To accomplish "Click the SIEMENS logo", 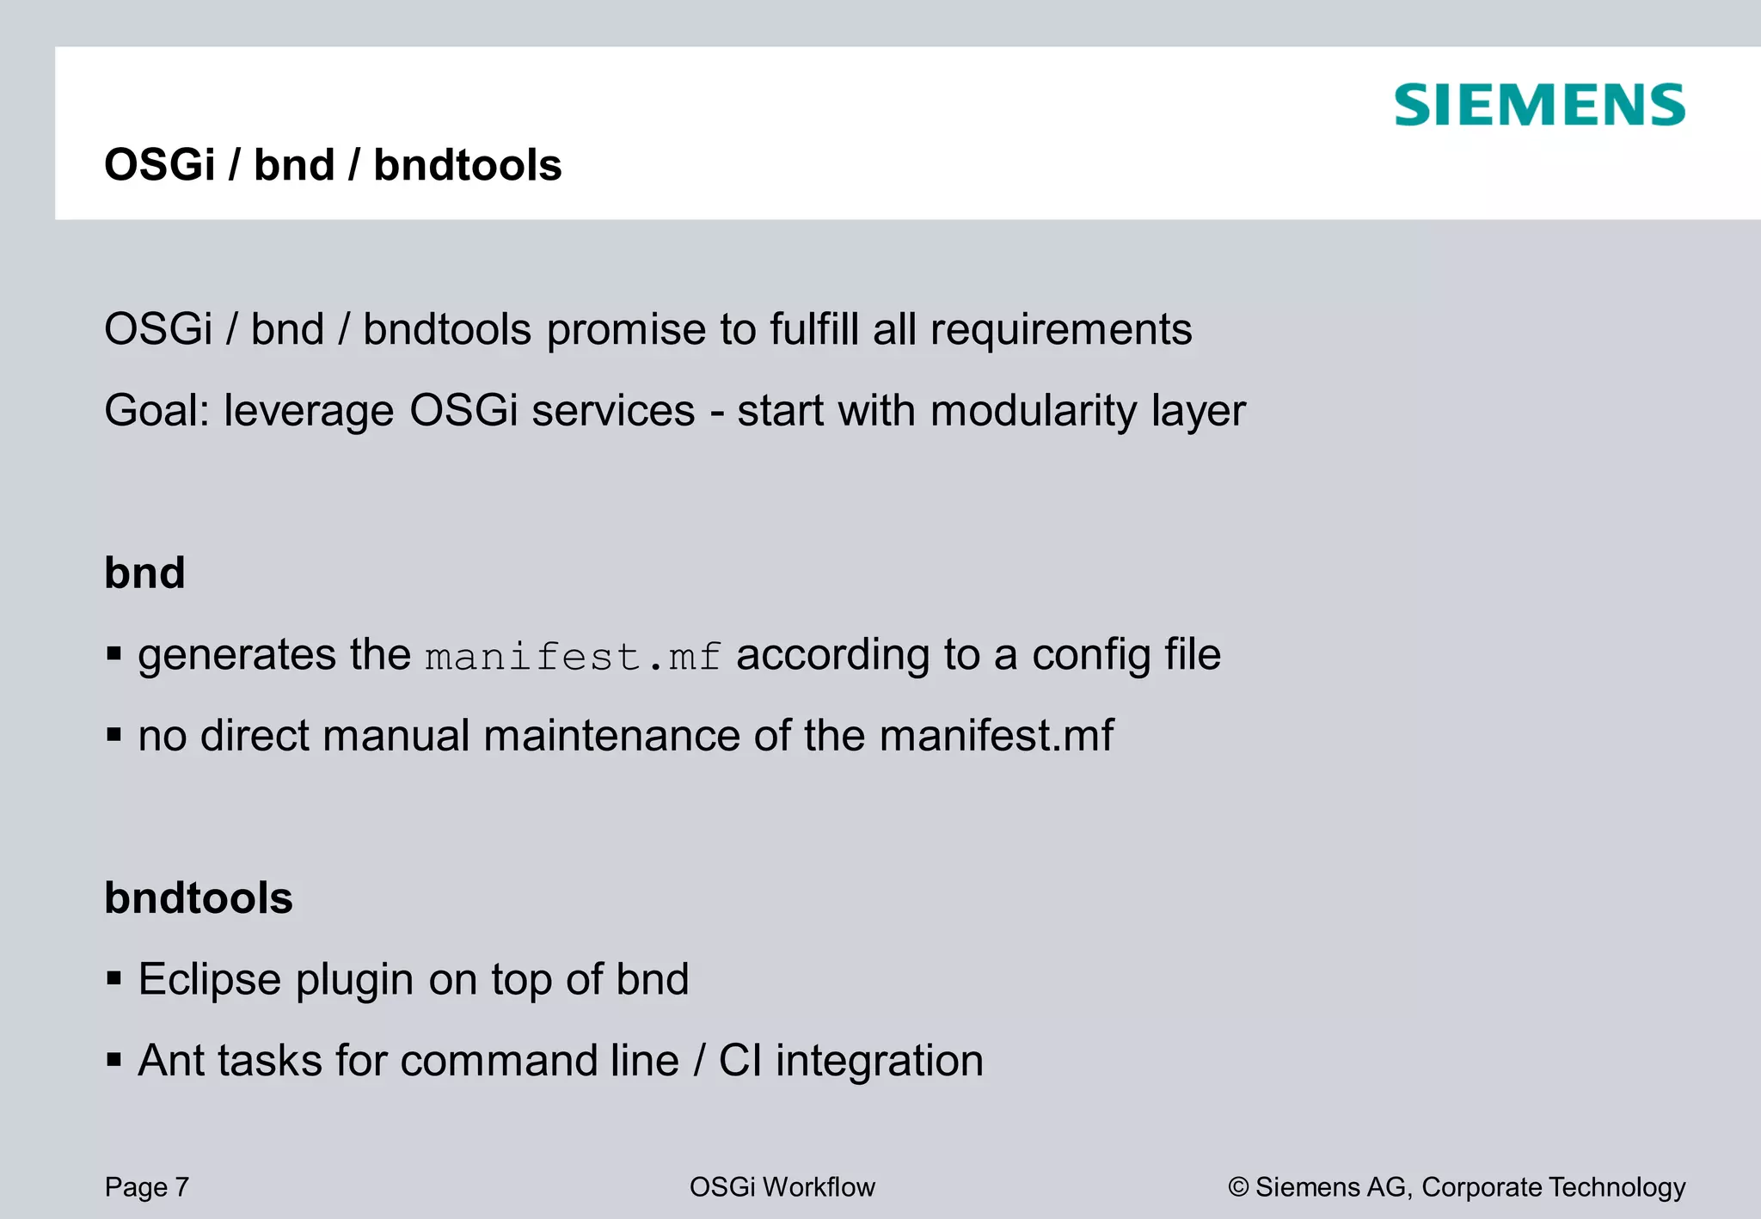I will coord(1539,106).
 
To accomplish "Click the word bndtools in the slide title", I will coord(467,165).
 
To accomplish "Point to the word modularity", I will coord(1034,411).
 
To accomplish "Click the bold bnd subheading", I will coord(144,573).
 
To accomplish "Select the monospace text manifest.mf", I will coord(573,658).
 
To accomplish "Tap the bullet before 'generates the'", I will coord(114,654).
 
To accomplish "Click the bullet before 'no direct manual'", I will coord(114,735).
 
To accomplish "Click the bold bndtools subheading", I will coord(199,897).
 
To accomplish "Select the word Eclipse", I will coord(209,979).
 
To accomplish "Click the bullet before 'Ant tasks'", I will coord(114,1060).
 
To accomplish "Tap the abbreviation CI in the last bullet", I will coord(739,1060).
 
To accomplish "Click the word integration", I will coord(879,1061).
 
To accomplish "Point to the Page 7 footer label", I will coord(146,1187).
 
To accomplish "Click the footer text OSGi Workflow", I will coord(782,1187).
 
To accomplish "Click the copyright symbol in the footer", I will coord(1237,1188).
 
